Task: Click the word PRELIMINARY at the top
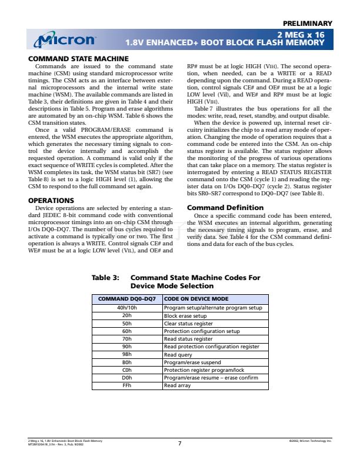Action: click(307, 23)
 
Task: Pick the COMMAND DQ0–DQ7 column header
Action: click(126, 299)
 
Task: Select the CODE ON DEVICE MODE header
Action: click(196, 299)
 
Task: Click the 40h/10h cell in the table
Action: click(126, 308)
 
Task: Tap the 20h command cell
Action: click(126, 315)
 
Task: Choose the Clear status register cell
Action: click(188, 323)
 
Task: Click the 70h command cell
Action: click(126, 339)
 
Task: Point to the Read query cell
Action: click(178, 354)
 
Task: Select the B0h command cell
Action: click(126, 362)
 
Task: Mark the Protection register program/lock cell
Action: click(204, 370)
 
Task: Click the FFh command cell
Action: click(126, 385)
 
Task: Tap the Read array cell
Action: click(177, 385)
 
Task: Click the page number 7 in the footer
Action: click(179, 443)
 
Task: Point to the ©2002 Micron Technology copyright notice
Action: click(307, 440)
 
